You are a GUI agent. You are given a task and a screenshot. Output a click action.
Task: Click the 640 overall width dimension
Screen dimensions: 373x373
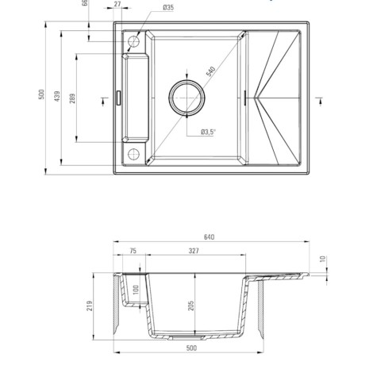209,237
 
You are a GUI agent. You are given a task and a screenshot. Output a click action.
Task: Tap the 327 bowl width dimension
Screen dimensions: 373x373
194,251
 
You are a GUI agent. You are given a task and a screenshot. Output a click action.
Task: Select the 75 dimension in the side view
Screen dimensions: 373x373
133,251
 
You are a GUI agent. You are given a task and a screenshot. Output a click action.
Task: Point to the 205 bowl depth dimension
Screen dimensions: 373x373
191,306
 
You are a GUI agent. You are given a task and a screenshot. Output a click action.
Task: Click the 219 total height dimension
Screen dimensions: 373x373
90,306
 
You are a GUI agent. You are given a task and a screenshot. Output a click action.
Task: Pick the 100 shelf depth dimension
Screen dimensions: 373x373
135,290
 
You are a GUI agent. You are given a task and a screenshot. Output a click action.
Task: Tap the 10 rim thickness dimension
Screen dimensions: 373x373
323,259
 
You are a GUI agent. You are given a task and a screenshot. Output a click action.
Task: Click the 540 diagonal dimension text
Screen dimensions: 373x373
211,71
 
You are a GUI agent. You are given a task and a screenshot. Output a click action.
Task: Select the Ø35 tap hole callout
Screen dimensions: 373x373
168,7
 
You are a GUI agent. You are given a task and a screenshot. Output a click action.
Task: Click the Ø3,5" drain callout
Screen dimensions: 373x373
208,132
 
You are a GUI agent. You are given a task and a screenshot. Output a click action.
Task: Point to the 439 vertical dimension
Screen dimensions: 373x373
57,96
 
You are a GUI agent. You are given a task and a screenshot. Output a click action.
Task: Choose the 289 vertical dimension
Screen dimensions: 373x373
72,98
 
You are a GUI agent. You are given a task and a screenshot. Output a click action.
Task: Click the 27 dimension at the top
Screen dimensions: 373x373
117,4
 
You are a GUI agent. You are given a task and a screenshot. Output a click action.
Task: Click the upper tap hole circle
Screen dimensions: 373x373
128,41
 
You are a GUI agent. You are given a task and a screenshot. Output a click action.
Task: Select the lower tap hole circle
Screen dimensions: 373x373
128,154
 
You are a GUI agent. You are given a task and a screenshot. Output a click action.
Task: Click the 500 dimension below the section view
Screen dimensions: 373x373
191,348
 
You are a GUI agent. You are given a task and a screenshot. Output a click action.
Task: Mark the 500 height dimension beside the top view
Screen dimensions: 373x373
41,94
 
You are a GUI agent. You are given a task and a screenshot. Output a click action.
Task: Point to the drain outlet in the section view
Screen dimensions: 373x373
186,337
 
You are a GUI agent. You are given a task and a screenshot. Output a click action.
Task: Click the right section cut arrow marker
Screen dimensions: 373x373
320,101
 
